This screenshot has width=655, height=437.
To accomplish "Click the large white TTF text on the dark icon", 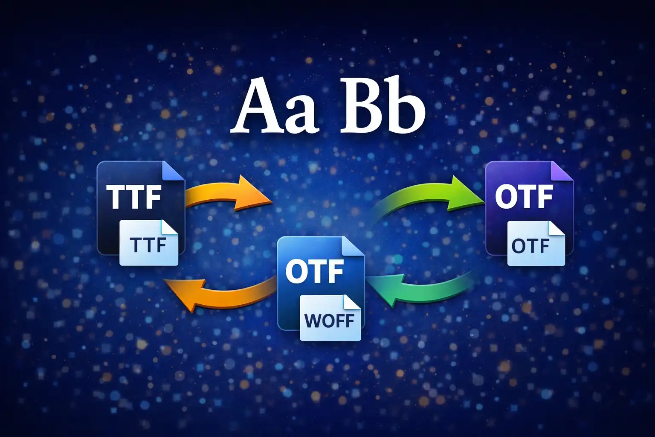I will coord(133,197).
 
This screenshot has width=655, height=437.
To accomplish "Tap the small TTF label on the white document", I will coord(147,245).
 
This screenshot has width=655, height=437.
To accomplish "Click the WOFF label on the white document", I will coord(329,320).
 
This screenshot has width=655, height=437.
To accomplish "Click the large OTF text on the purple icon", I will coord(524,197).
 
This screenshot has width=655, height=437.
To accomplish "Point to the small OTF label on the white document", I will coord(530,246).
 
